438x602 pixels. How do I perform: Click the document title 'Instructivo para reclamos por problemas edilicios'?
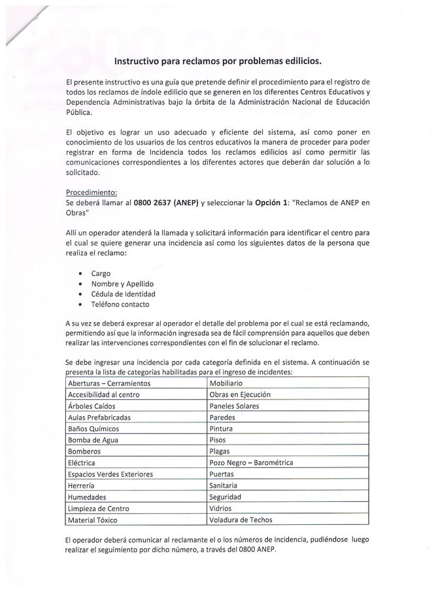[218, 61]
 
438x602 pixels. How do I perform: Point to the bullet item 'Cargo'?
[101, 273]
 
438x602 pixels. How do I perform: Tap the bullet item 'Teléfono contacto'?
[120, 304]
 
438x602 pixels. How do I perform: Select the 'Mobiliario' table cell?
[226, 383]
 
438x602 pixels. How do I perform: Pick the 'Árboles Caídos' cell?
[93, 406]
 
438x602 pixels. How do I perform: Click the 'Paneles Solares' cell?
[234, 406]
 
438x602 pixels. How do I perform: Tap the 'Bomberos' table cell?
[84, 451]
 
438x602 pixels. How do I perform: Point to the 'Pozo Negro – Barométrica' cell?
[251, 463]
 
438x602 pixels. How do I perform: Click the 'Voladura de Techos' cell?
[240, 520]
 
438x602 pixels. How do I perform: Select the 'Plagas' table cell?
[220, 451]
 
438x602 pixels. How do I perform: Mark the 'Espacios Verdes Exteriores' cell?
[110, 474]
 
